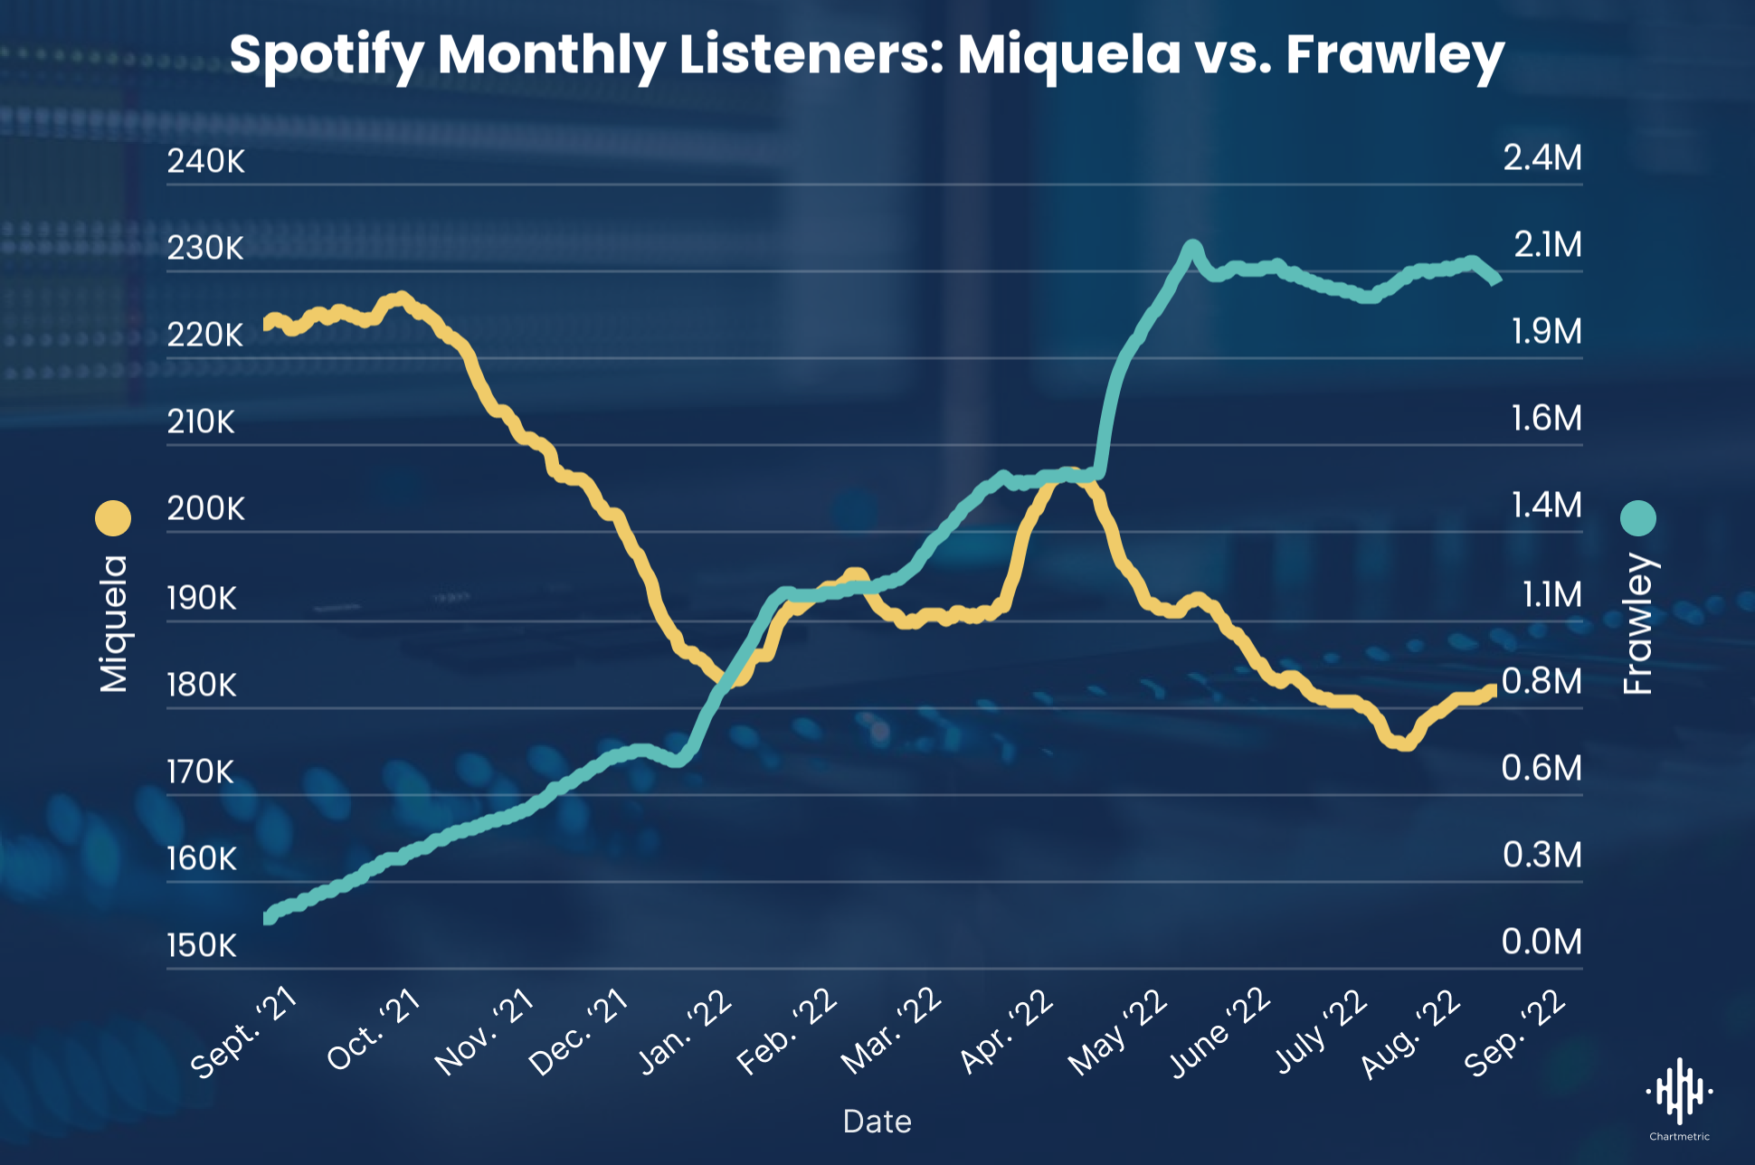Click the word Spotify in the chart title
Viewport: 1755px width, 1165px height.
327,56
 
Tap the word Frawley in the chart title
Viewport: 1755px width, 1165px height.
1394,56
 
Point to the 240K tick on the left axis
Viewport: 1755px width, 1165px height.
205,161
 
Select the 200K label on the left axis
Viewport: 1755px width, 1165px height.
205,508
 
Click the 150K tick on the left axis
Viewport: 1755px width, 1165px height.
201,945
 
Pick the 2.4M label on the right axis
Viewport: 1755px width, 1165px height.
1542,158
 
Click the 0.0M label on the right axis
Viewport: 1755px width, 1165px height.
1542,942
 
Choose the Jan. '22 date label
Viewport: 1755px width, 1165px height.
686,1031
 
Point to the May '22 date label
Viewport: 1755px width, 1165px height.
1118,1033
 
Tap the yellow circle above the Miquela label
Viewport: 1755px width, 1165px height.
113,518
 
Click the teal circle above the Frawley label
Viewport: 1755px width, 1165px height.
1638,518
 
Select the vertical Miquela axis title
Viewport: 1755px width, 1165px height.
114,624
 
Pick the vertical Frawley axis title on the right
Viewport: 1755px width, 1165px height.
1638,624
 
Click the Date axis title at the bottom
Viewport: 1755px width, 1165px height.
877,1122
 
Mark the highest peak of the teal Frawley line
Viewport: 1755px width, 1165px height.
1191,246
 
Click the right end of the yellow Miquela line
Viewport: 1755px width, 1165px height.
1493,690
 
